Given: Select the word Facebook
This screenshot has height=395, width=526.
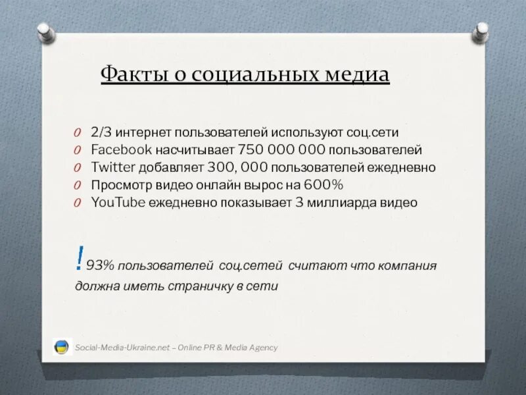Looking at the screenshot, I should point(122,149).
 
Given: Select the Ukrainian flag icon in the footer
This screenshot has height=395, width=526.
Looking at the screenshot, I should point(62,347).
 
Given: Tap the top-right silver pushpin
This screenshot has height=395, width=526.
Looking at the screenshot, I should point(481,30).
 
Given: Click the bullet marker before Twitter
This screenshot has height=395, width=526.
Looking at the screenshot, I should point(78,168).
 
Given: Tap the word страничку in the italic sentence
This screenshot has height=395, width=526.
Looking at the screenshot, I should point(205,286).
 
